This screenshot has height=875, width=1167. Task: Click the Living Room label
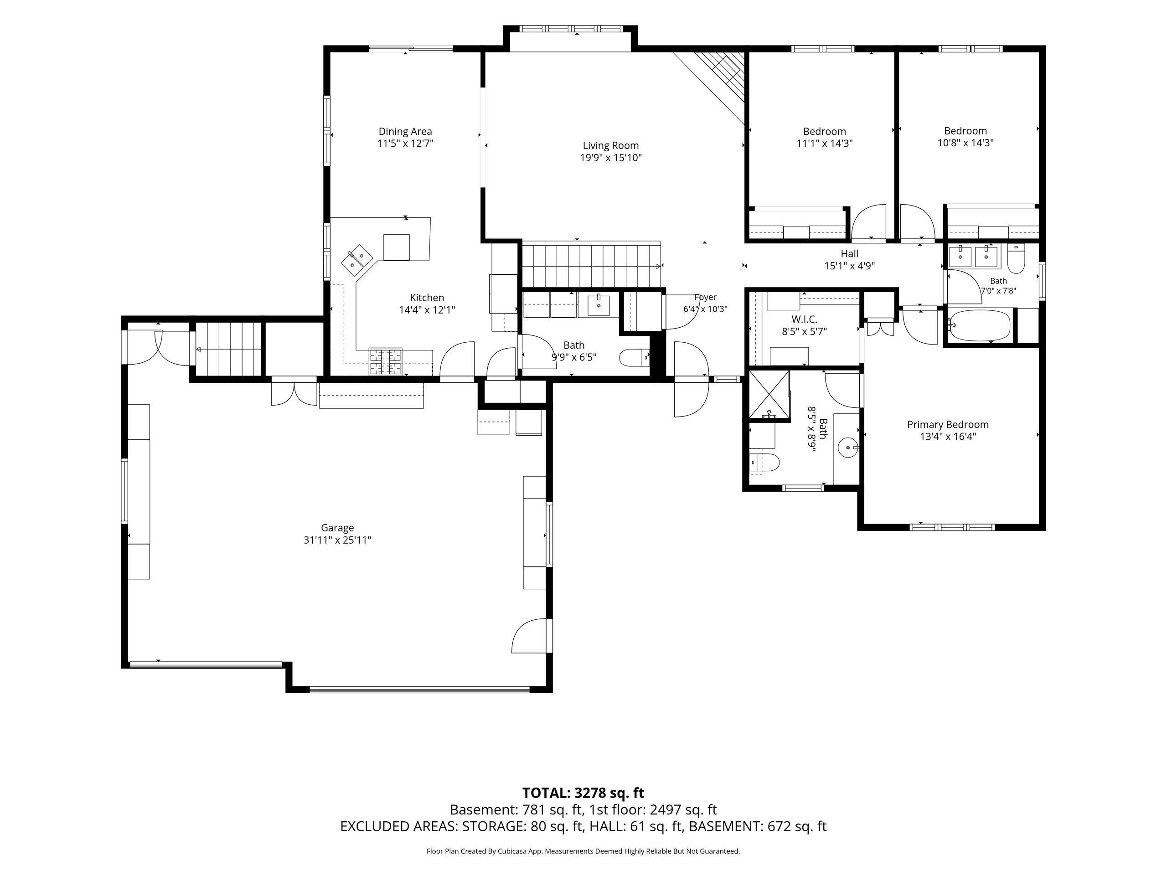(610, 145)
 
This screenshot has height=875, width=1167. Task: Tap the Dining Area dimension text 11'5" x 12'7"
(405, 144)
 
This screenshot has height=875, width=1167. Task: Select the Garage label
(337, 528)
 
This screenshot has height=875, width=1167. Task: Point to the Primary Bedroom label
(948, 425)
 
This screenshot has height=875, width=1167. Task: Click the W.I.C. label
(804, 319)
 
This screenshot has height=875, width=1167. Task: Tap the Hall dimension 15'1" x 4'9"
(849, 266)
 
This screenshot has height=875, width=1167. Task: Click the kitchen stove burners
(385, 362)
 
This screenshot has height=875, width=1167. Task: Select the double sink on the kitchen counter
(356, 259)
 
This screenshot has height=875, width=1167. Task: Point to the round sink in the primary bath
(849, 448)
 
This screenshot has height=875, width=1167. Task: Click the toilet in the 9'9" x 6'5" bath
(634, 358)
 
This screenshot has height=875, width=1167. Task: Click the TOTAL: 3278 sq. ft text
(583, 793)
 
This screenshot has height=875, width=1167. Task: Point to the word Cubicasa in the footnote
(510, 851)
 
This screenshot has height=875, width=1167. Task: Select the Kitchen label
(427, 298)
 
